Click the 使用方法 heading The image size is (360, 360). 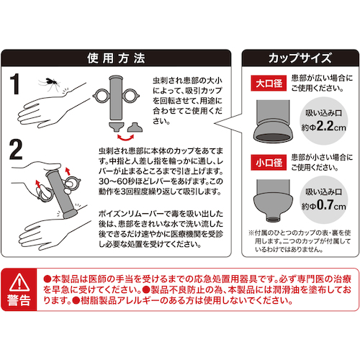116,58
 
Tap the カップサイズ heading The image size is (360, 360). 300,58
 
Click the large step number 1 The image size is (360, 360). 15,84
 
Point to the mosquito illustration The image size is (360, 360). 50,83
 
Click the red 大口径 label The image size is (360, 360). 269,84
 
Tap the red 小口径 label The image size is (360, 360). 269,163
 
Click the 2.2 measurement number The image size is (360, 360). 325,125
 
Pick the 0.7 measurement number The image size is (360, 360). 325,204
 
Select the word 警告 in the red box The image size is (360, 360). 19,300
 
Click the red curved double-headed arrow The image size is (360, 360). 125,138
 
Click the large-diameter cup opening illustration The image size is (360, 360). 273,138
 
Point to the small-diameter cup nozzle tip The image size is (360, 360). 273,219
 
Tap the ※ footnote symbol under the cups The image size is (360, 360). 251,233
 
